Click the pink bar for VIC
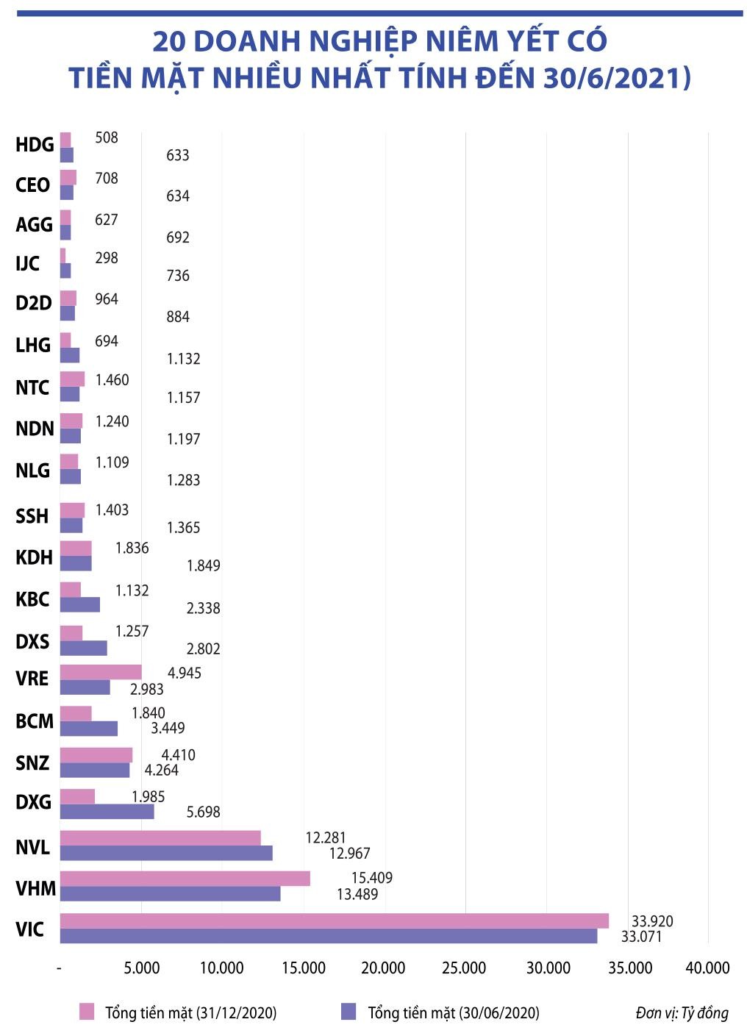click(334, 921)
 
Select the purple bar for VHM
click(170, 894)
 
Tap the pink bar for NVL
click(160, 837)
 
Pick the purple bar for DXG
click(107, 812)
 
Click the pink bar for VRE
click(100, 672)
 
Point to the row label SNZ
click(32, 763)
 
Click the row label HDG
click(35, 145)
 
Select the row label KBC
click(32, 600)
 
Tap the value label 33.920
click(652, 921)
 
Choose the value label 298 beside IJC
click(106, 258)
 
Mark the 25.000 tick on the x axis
click(465, 968)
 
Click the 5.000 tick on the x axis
click(141, 968)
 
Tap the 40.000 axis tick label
click(707, 968)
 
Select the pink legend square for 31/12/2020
click(87, 1012)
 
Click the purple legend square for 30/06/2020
click(349, 1012)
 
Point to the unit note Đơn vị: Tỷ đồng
click(682, 1013)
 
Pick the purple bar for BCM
click(88, 729)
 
